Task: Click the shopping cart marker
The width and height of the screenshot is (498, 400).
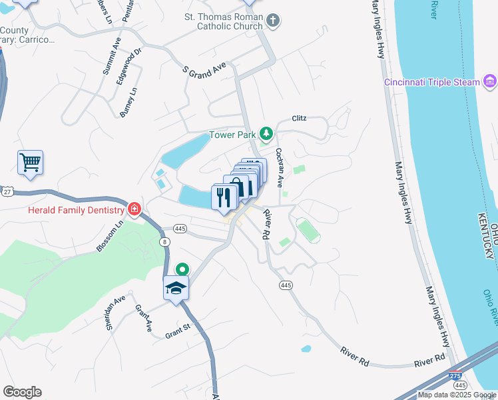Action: (30, 162)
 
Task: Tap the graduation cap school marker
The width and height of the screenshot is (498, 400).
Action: (176, 288)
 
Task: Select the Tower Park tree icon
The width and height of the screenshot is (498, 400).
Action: (266, 134)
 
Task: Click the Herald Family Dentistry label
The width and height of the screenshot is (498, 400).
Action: (76, 209)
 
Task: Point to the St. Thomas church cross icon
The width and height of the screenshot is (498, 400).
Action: (272, 21)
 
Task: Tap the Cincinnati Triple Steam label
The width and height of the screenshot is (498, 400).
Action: (431, 82)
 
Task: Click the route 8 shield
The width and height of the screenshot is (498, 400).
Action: (164, 242)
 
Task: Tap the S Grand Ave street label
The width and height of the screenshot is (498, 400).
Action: (204, 69)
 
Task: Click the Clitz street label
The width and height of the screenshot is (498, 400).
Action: (299, 118)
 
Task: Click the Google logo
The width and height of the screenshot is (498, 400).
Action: (22, 392)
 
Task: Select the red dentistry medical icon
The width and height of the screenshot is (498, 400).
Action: (134, 209)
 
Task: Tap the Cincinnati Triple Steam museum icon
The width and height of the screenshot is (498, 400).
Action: (490, 82)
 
